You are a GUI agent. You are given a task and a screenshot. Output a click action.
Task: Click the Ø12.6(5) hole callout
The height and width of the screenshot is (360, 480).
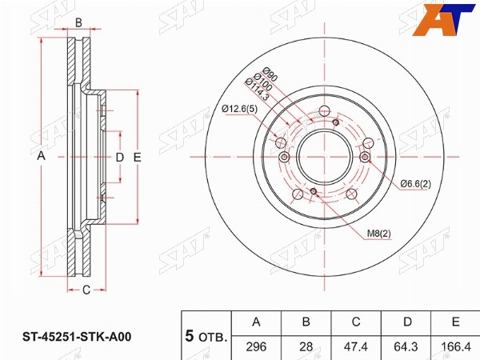(x=240, y=109)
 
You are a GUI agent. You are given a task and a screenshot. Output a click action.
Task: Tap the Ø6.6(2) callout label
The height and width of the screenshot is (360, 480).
(x=415, y=184)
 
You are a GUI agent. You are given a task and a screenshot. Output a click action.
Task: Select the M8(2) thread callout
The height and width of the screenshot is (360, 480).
(x=379, y=234)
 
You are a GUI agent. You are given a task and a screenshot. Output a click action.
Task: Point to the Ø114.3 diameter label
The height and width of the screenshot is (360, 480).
(x=257, y=90)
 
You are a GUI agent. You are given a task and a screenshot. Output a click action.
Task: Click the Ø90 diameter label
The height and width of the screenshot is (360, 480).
(x=270, y=74)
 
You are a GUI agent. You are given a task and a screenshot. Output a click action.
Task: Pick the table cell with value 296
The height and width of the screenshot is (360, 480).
(x=256, y=346)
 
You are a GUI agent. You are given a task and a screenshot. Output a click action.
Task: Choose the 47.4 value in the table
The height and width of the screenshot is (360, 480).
(x=356, y=346)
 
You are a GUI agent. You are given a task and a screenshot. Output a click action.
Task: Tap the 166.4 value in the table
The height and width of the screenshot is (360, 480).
(x=456, y=346)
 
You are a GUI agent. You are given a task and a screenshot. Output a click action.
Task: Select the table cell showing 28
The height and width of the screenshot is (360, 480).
(x=306, y=346)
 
